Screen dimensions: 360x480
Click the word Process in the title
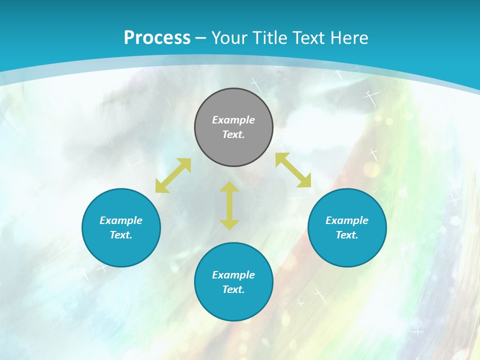coord(157,38)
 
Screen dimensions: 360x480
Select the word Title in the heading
coord(271,38)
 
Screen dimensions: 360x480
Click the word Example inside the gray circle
coord(233,120)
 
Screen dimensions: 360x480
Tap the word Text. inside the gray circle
coord(233,134)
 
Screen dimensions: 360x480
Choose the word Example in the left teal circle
coord(121,220)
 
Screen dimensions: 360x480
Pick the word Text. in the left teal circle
coord(121,235)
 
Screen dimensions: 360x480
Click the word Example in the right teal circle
coord(347,220)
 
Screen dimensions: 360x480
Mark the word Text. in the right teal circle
coord(347,235)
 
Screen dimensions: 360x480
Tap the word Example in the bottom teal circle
coord(233,275)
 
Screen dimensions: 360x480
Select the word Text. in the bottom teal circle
coord(233,289)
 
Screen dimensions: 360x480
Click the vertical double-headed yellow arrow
coord(229,205)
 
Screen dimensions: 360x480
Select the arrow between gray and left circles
coord(173,175)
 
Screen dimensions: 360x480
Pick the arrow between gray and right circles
coord(293,170)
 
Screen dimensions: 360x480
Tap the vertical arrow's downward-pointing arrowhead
coord(229,225)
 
